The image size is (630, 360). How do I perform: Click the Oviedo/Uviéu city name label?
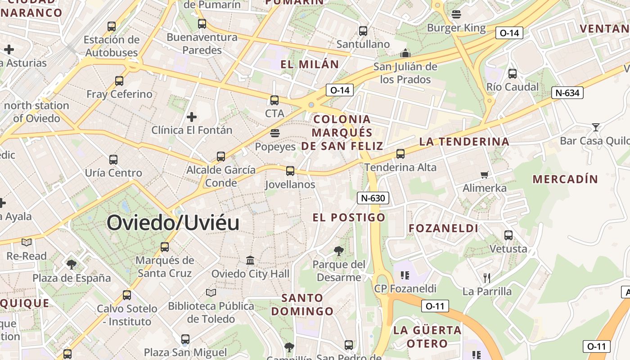coord(173,223)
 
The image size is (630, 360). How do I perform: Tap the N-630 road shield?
coord(373,198)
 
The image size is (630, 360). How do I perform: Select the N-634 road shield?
coord(567,93)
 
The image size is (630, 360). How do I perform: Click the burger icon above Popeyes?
coord(275,133)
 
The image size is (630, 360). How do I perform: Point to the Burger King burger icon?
coord(456,14)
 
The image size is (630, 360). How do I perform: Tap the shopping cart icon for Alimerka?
coord(485,175)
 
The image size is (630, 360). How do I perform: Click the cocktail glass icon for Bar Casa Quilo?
coord(596,127)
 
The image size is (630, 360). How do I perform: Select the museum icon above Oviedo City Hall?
coord(250,260)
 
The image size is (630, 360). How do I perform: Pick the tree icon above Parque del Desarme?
coord(339,251)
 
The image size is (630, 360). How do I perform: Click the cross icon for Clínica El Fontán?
coord(192,117)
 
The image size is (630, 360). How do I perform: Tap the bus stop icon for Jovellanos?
coord(290,171)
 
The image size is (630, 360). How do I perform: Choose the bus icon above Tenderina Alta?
coord(400,154)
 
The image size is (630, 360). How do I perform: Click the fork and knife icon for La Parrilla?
coord(486,278)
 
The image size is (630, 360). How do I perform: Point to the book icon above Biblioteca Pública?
coord(211,292)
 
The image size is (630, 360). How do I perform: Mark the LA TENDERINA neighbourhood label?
coord(464,142)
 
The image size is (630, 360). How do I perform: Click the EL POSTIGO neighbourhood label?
coord(349,218)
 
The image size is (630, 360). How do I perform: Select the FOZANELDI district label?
coord(443,228)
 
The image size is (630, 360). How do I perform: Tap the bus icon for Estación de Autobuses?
coord(112,27)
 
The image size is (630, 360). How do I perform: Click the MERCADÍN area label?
coord(565,179)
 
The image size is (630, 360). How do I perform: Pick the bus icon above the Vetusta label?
coord(508,235)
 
